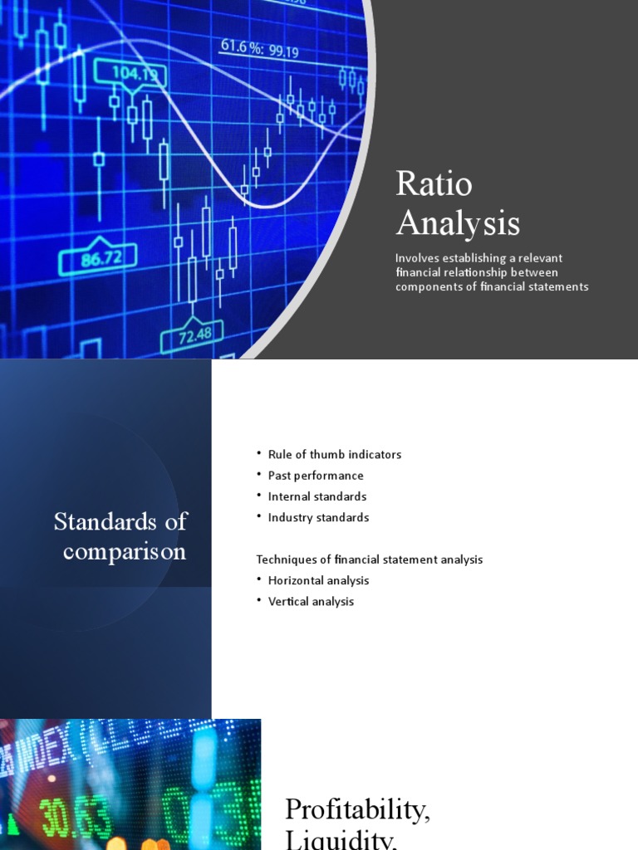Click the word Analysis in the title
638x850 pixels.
pyautogui.click(x=458, y=222)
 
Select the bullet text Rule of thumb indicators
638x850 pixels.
pyautogui.click(x=334, y=455)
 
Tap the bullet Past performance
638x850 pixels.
pyautogui.click(x=316, y=476)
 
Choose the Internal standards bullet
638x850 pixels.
pyautogui.click(x=317, y=496)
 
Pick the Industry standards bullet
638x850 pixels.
pyautogui.click(x=318, y=517)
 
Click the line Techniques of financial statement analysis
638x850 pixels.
pyautogui.click(x=369, y=559)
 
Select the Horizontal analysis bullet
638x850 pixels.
pyautogui.click(x=318, y=580)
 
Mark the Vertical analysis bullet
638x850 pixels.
pyautogui.click(x=311, y=601)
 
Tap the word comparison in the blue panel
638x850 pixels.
pyautogui.click(x=125, y=551)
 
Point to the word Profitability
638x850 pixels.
pyautogui.click(x=357, y=809)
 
